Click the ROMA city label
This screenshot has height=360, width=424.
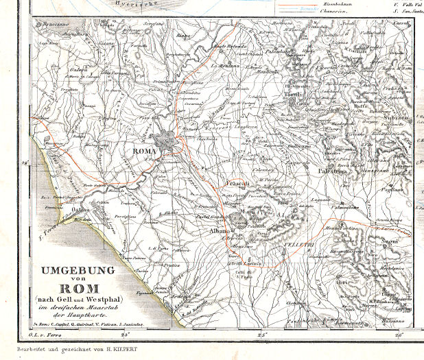click(x=145, y=152)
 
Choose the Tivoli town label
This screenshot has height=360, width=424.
click(x=294, y=94)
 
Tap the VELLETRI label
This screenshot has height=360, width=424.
click(x=296, y=245)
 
